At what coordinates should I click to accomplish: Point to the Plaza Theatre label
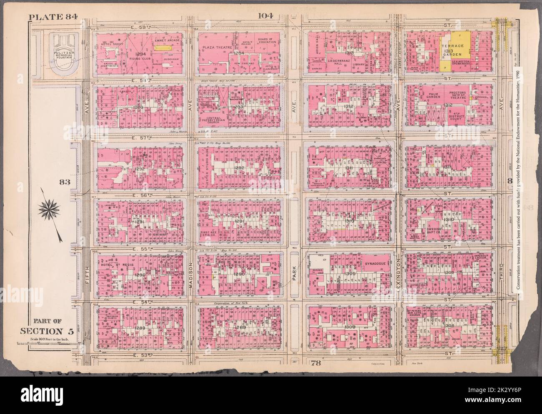pyautogui.click(x=217, y=48)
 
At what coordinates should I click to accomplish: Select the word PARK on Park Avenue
pyautogui.click(x=294, y=274)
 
